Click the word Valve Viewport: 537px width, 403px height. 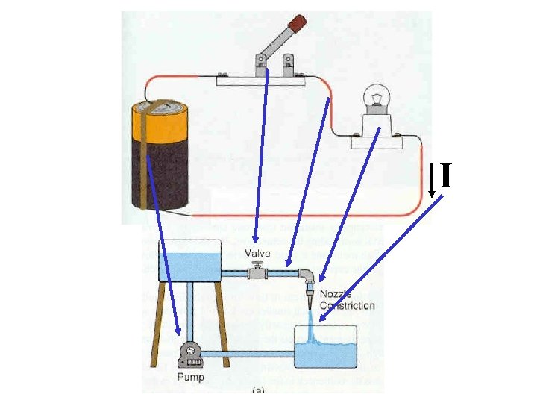point(258,254)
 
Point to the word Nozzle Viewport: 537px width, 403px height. point(335,296)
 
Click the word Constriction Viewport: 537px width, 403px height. point(347,306)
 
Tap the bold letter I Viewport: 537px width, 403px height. point(445,177)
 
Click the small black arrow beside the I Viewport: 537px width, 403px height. point(432,179)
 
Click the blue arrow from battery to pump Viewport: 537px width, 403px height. point(163,246)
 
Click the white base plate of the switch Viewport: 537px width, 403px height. point(257,80)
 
